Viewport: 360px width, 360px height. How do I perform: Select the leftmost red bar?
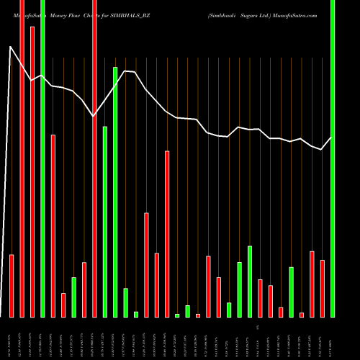12,286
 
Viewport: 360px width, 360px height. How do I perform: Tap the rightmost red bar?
323,288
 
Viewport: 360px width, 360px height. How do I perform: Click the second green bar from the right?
292,292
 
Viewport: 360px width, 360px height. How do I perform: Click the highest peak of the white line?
10,48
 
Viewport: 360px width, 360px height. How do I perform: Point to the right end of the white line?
332,137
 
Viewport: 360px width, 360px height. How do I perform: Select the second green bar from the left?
73,297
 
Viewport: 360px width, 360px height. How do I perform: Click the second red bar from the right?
312,284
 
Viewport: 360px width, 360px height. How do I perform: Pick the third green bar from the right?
250,281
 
